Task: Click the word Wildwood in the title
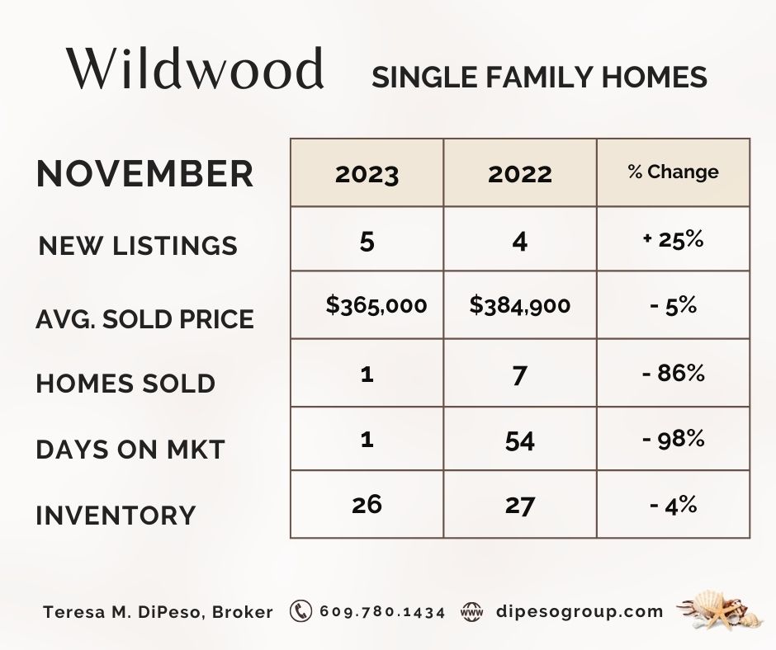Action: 196,68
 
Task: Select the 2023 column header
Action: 367,174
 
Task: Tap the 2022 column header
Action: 519,174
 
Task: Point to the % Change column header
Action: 673,172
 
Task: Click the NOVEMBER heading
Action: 144,173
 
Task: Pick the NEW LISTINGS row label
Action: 138,245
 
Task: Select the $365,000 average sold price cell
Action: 376,304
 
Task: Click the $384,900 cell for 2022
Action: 519,304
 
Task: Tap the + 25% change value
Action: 673,239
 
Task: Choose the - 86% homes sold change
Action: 673,373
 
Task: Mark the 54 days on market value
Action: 519,440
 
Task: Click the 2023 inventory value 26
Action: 367,505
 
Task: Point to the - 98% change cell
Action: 673,439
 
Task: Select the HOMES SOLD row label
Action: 125,384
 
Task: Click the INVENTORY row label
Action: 116,515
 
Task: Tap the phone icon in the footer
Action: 300,611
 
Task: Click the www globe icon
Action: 471,611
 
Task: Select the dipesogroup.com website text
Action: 580,611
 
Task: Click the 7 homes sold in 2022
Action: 519,375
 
